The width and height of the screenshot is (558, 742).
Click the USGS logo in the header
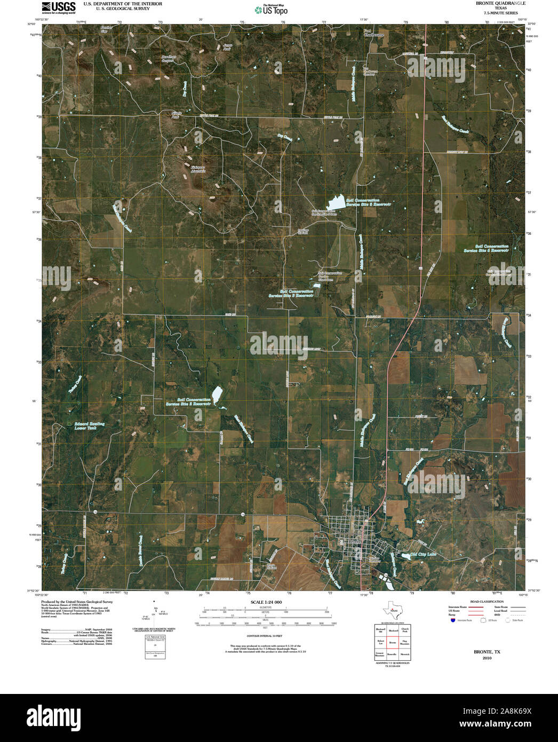coord(59,7)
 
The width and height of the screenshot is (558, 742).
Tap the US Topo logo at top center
coord(272,9)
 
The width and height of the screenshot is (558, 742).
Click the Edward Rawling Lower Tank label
coord(89,425)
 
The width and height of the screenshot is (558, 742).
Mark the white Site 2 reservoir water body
coord(217,394)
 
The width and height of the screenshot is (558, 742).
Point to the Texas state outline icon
coord(393,610)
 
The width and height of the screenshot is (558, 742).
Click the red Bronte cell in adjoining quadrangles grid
coord(393,643)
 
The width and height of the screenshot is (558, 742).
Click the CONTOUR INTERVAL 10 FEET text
coord(264,637)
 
